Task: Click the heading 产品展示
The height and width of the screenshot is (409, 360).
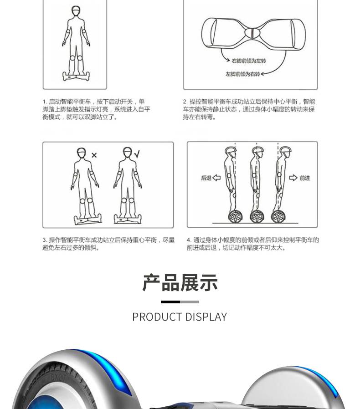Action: (180, 283)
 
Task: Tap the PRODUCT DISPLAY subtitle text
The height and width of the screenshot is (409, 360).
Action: (180, 317)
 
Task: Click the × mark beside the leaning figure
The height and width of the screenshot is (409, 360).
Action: (94, 155)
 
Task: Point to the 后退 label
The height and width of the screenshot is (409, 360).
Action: (206, 178)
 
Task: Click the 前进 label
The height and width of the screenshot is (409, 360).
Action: (304, 178)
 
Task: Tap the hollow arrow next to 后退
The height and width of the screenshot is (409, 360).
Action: (216, 178)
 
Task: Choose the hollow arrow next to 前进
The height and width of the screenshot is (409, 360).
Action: (293, 178)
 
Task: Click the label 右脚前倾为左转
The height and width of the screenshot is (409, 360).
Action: (249, 61)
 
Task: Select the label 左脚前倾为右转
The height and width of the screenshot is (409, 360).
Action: (242, 74)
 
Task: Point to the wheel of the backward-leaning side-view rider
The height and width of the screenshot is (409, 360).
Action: (235, 216)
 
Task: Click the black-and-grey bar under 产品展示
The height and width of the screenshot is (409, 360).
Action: (180, 302)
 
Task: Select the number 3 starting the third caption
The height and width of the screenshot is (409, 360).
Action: (45, 240)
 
